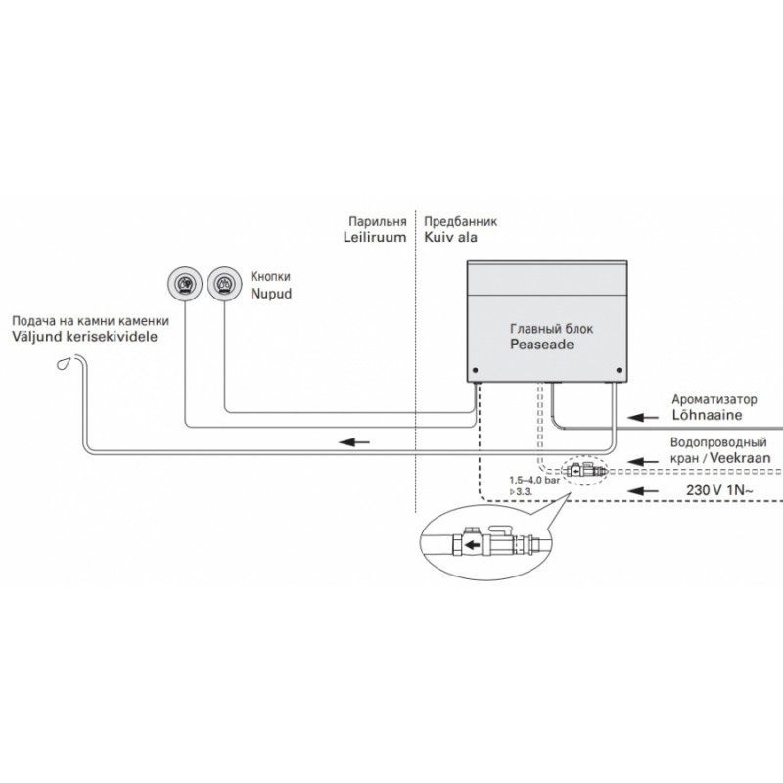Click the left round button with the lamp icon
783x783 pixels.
(185, 284)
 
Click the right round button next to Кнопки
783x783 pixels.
(225, 284)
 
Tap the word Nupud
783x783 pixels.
(271, 293)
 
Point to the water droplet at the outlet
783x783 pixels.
(64, 363)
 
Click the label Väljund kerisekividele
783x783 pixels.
(84, 337)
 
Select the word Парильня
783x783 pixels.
(378, 222)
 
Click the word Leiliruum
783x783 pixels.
(375, 237)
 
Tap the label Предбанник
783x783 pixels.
(460, 222)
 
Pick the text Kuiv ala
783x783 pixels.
(450, 237)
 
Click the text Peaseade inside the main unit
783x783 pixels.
(542, 345)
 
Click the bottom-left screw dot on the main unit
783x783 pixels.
(475, 371)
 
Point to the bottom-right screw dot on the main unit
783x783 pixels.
(620, 371)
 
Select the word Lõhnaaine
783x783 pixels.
(707, 415)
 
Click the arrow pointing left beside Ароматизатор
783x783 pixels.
(643, 417)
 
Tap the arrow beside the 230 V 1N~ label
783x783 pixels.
(643, 491)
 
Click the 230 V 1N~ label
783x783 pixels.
(719, 490)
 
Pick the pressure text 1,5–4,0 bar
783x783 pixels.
(534, 480)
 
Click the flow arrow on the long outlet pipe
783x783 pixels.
(354, 442)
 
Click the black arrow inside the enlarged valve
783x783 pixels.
(472, 545)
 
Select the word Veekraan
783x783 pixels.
(740, 457)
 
